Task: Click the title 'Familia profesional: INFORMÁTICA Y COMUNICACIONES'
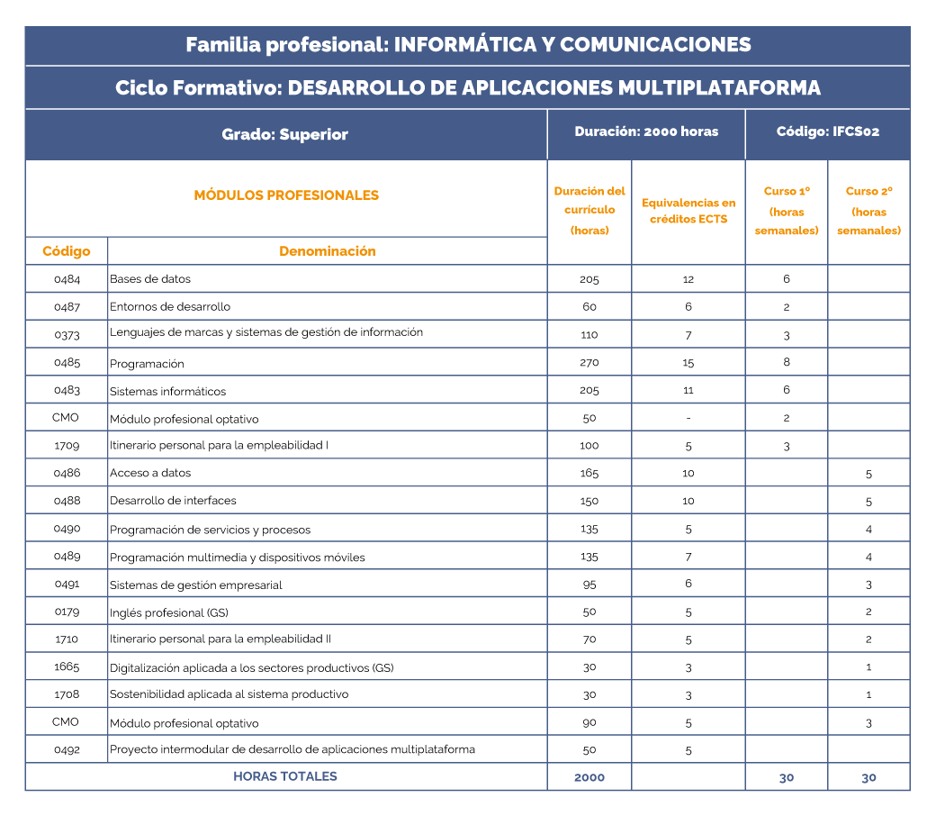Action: click(x=467, y=45)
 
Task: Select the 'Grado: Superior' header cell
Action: click(x=284, y=135)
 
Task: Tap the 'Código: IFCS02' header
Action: click(x=827, y=131)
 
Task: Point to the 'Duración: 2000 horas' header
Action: click(x=646, y=131)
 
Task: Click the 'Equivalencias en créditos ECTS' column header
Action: click(x=688, y=211)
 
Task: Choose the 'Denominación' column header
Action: click(x=327, y=251)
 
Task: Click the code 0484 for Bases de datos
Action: click(x=67, y=279)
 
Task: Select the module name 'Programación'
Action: click(x=147, y=364)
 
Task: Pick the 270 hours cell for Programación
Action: click(x=589, y=362)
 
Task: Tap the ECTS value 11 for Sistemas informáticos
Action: click(x=688, y=390)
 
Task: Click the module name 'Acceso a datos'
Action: click(x=150, y=473)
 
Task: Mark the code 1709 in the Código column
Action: click(x=67, y=445)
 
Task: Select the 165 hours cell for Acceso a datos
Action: click(x=589, y=473)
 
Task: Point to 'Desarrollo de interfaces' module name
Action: click(x=173, y=501)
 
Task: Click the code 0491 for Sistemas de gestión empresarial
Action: click(x=67, y=584)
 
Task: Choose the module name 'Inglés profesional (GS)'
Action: click(x=168, y=612)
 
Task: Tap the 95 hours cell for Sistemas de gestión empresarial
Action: click(x=589, y=584)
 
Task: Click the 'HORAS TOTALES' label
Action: click(x=284, y=776)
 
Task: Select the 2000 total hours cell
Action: click(x=589, y=777)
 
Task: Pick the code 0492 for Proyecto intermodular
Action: click(x=67, y=749)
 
